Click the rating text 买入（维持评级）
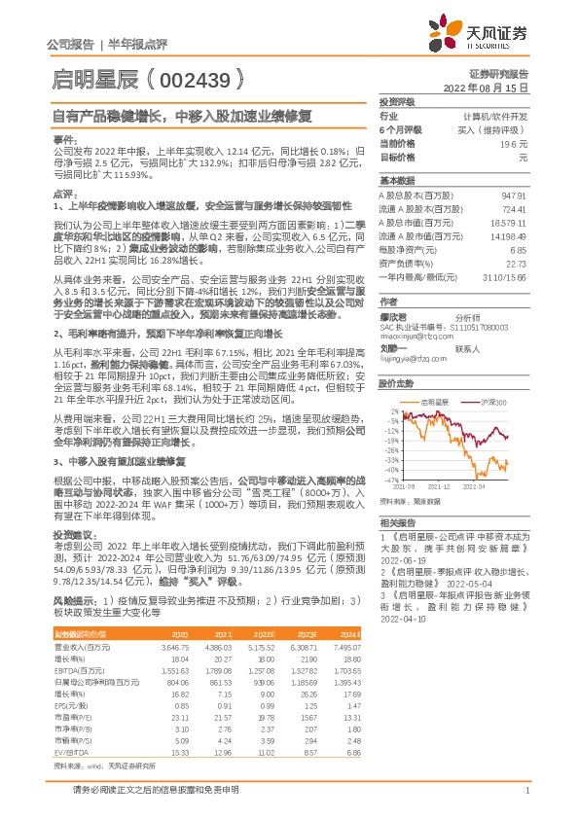point(498,128)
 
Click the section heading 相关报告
point(397,522)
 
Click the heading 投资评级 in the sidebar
point(398,101)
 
